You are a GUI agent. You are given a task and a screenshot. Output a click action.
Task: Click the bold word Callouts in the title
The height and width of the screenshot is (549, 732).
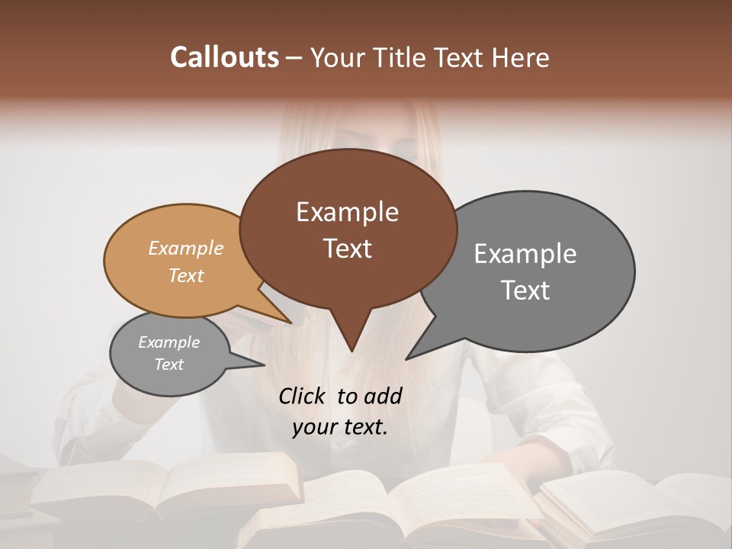(x=224, y=57)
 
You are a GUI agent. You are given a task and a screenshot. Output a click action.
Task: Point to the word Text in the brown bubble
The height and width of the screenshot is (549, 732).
(x=347, y=248)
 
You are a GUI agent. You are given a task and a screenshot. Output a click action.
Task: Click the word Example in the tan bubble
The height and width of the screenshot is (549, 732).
(x=185, y=248)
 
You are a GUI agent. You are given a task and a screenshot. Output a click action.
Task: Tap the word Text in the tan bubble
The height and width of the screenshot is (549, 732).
(x=185, y=275)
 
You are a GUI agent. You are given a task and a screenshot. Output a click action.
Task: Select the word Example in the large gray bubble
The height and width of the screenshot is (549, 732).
(x=525, y=253)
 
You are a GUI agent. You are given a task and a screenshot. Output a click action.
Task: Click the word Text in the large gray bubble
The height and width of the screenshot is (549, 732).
(x=525, y=290)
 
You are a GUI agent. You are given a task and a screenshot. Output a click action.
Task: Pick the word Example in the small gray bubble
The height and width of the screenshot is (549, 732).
(x=169, y=342)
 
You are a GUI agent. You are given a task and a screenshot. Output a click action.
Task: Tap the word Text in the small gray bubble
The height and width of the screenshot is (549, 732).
(x=169, y=364)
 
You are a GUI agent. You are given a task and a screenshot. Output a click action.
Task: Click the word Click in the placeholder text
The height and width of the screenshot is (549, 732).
(x=302, y=396)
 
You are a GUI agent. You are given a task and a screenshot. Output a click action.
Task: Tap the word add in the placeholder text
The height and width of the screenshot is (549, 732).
(x=383, y=396)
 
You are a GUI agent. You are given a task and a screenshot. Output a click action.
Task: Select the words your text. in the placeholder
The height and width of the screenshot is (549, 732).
(x=339, y=427)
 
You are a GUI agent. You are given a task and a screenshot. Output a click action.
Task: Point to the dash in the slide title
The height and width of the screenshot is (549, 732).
(x=294, y=57)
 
